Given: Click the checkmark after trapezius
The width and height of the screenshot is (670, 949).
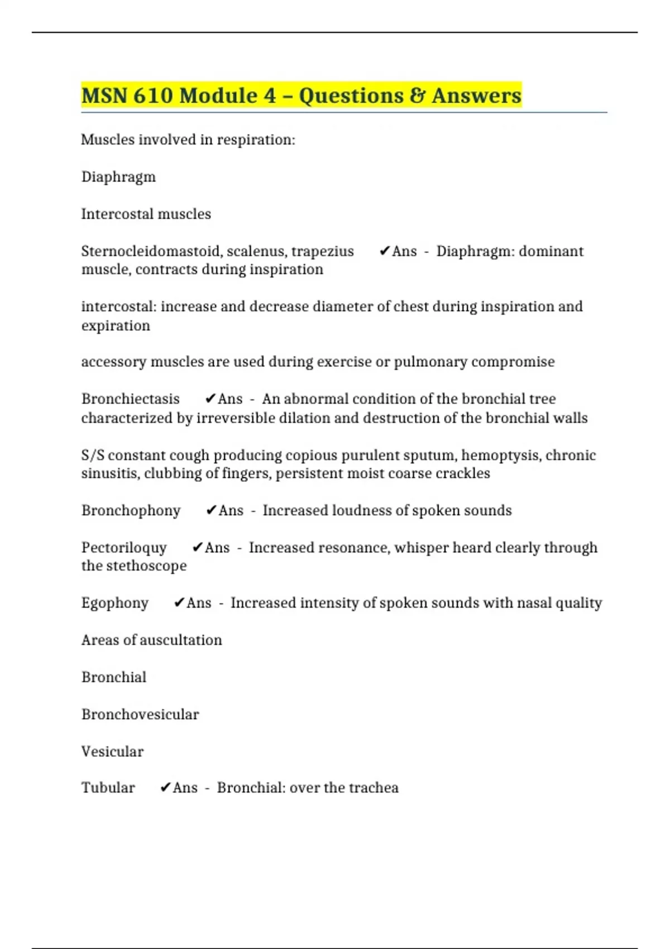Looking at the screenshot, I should click(x=384, y=251).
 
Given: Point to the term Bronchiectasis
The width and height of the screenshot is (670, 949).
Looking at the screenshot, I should click(x=130, y=399).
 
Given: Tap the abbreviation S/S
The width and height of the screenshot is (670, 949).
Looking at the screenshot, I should click(x=93, y=456).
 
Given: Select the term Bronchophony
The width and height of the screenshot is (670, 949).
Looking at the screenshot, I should click(x=131, y=511).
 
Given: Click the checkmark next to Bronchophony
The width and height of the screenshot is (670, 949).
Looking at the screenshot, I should click(x=211, y=511).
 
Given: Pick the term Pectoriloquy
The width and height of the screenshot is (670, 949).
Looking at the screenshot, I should click(x=124, y=548).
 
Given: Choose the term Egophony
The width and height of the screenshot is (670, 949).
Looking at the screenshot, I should click(x=115, y=603).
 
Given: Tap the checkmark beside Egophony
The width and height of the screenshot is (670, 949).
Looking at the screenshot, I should click(x=179, y=603).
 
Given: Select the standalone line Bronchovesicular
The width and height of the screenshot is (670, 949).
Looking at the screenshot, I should click(x=140, y=715).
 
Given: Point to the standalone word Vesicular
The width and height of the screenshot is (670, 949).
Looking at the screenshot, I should click(x=112, y=752).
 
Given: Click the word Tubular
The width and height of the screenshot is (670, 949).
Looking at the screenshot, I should click(x=108, y=788).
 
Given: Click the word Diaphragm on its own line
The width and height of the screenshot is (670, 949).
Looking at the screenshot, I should click(x=118, y=178).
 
